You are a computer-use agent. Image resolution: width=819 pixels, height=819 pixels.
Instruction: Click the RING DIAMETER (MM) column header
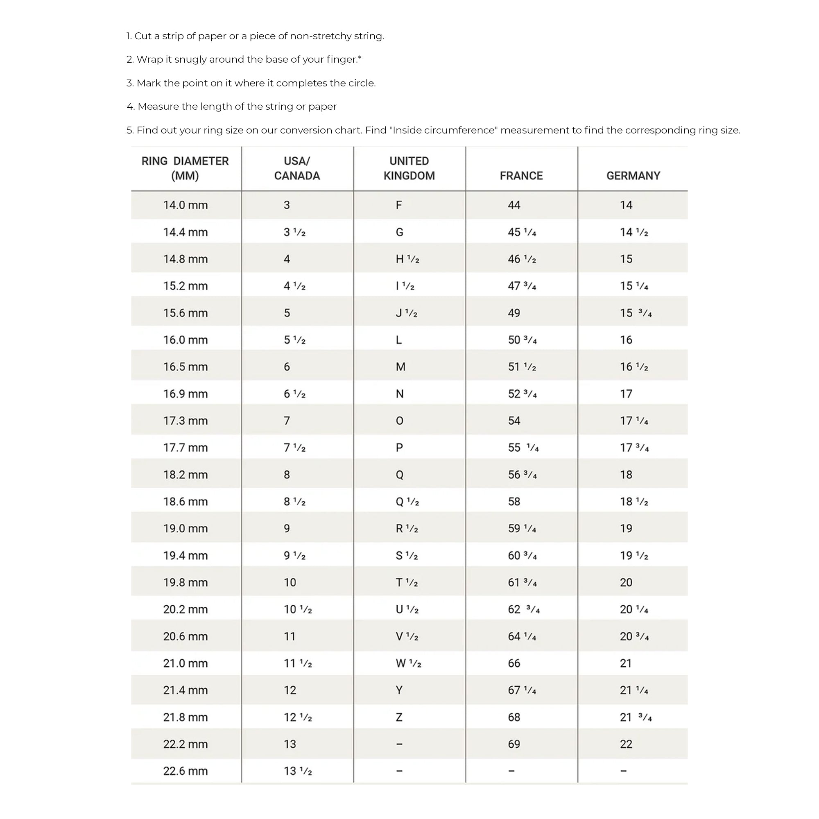(x=185, y=168)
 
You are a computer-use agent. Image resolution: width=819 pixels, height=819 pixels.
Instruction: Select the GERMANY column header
(x=633, y=176)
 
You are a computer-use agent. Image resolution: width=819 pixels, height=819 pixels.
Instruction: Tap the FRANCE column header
(x=521, y=176)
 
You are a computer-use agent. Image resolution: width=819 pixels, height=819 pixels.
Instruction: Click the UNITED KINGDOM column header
(x=409, y=168)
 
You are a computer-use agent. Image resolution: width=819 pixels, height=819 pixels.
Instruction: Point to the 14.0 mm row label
(x=185, y=205)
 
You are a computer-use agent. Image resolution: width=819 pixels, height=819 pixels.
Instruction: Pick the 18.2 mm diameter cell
(x=185, y=475)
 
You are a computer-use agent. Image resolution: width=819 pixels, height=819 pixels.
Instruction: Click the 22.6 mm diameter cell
(x=185, y=771)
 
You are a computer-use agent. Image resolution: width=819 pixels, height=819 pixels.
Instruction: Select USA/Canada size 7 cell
(x=287, y=421)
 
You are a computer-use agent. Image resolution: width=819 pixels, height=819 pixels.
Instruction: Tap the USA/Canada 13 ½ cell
(x=298, y=771)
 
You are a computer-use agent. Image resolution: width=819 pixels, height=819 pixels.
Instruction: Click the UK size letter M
(x=400, y=367)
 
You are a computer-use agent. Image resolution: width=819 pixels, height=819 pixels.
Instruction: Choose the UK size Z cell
(x=399, y=717)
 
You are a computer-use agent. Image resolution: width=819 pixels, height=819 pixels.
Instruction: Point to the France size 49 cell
(x=514, y=313)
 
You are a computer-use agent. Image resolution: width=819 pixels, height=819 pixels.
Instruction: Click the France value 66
(x=514, y=663)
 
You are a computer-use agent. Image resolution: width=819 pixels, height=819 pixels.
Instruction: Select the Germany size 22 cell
(x=626, y=744)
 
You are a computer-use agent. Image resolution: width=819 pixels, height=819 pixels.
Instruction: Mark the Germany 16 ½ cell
(x=634, y=367)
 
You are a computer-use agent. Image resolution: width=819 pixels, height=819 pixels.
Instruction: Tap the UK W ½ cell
(x=408, y=663)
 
